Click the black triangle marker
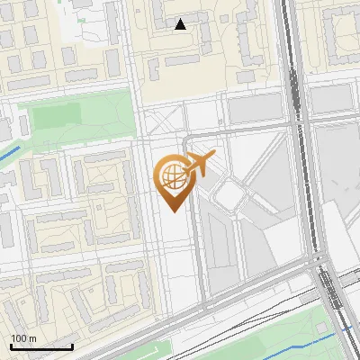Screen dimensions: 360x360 (181, 24)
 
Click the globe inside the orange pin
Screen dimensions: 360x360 (170, 175)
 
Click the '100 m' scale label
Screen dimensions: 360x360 (23, 337)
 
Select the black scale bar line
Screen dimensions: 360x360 (41, 346)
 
